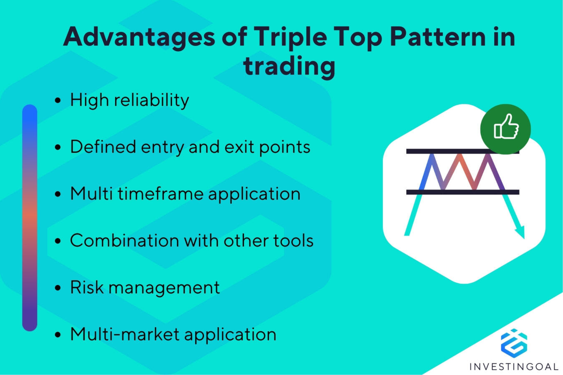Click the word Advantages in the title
[x=139, y=37]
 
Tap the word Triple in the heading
[x=290, y=37]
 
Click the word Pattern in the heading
[x=437, y=37]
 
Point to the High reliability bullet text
[x=129, y=100]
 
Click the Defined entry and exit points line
[x=190, y=147]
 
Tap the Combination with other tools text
[x=191, y=241]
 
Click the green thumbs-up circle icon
[x=505, y=129]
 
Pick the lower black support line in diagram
[x=462, y=192]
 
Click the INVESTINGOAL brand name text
[x=513, y=367]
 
